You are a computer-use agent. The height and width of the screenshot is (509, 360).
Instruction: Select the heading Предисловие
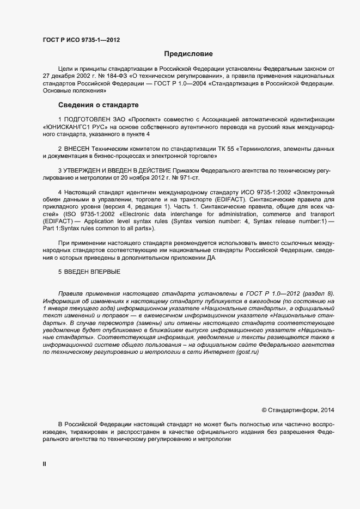[x=188, y=54]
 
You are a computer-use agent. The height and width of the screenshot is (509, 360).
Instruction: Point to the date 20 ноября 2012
[x=149, y=179]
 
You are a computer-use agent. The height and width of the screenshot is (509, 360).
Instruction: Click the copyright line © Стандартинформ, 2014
[x=298, y=410]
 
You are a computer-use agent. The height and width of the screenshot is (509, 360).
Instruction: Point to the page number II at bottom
[x=45, y=463]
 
